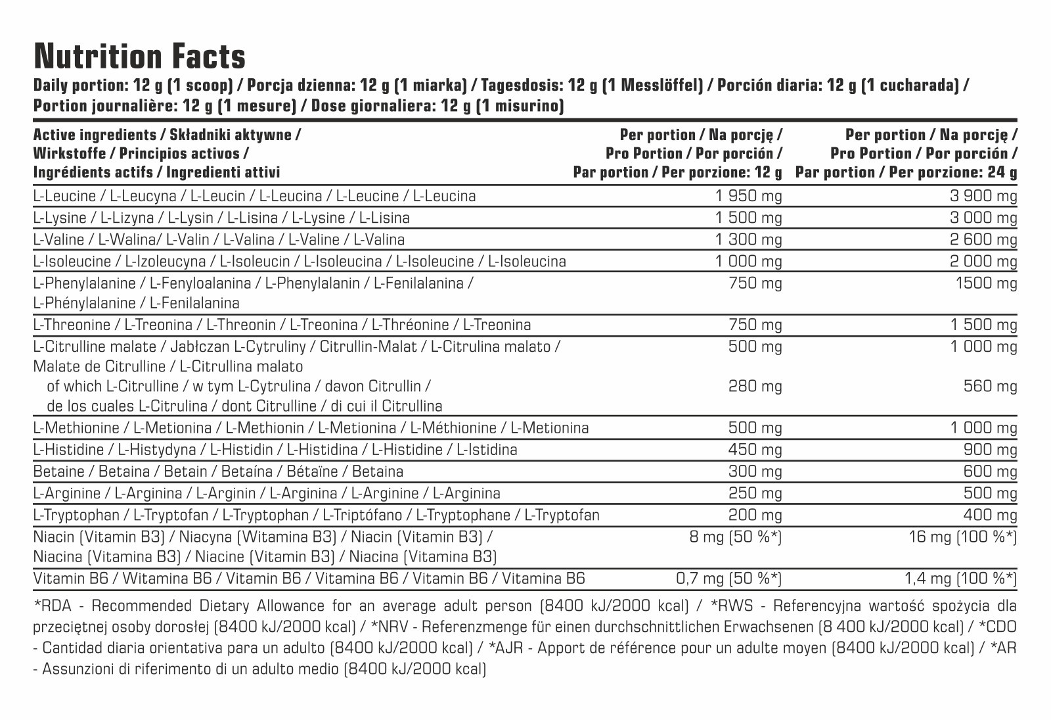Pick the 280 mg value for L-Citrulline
(755, 386)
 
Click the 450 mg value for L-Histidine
(755, 450)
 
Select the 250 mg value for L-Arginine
(755, 493)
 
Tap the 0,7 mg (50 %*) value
(728, 579)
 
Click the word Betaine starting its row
(58, 471)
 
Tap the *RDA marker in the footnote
(49, 606)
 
